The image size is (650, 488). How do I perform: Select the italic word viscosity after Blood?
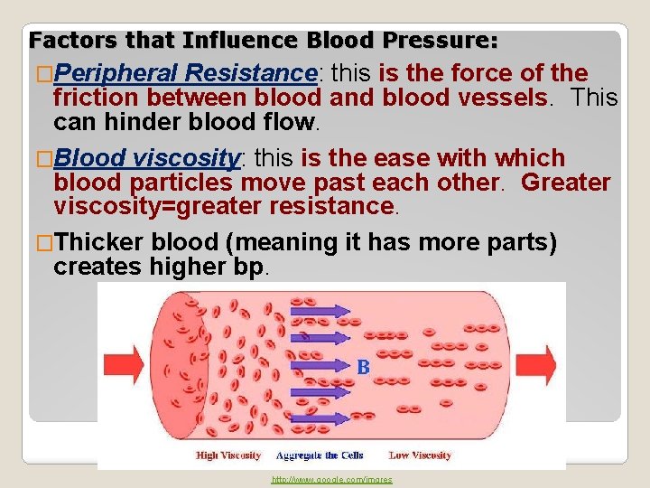[x=185, y=159]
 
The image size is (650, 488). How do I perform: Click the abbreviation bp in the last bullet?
[x=246, y=267]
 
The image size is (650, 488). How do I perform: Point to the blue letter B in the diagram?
[x=363, y=367]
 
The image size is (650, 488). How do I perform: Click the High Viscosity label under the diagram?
[x=228, y=455]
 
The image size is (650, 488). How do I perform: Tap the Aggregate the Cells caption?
[x=319, y=455]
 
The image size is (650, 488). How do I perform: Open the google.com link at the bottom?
[x=332, y=480]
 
